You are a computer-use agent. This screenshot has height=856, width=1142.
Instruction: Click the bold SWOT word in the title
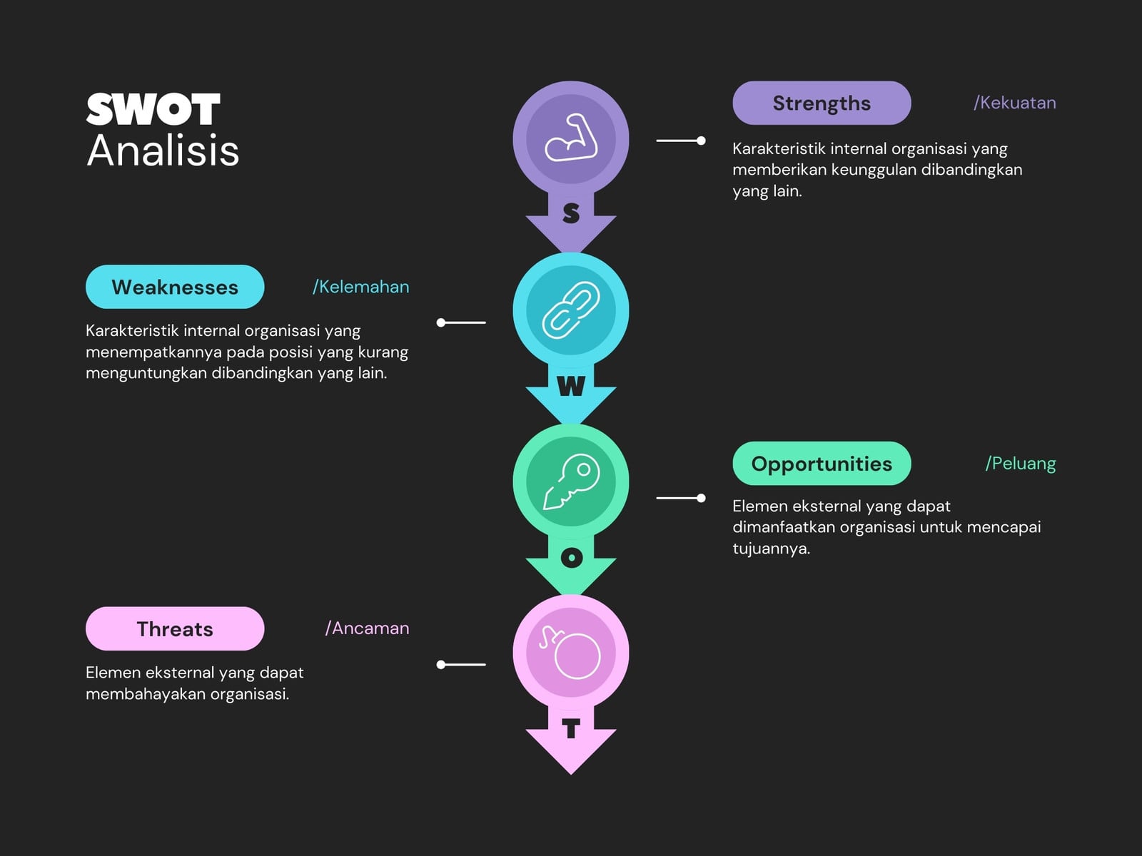pyautogui.click(x=153, y=109)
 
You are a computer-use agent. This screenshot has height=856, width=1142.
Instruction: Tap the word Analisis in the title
pyautogui.click(x=163, y=151)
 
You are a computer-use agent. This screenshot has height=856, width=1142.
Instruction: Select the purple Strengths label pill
pyautogui.click(x=822, y=103)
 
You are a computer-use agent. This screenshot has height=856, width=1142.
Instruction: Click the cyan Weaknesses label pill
pyautogui.click(x=175, y=287)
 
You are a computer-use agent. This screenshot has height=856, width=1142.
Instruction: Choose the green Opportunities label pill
pyautogui.click(x=822, y=464)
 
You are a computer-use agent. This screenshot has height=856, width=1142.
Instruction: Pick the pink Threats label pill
pyautogui.click(x=175, y=629)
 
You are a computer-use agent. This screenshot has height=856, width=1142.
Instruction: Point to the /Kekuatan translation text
pyautogui.click(x=1014, y=103)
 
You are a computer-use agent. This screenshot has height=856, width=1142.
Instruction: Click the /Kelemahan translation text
pyautogui.click(x=360, y=287)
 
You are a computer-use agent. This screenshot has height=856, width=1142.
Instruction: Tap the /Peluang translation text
pyautogui.click(x=1020, y=464)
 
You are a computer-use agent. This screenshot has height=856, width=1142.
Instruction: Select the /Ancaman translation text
pyautogui.click(x=367, y=628)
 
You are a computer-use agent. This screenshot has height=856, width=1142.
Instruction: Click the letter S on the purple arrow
pyautogui.click(x=571, y=213)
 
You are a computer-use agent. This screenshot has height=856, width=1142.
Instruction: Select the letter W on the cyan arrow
pyautogui.click(x=571, y=386)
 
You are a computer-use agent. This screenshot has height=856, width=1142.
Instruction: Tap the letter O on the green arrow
pyautogui.click(x=572, y=558)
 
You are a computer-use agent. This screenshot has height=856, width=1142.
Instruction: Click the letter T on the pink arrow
pyautogui.click(x=571, y=728)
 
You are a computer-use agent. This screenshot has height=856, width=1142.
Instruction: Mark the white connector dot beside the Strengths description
pyautogui.click(x=702, y=141)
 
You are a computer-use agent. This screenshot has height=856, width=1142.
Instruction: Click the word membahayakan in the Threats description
pyautogui.click(x=146, y=694)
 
